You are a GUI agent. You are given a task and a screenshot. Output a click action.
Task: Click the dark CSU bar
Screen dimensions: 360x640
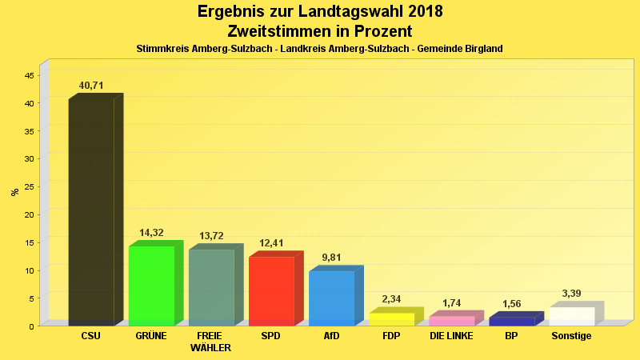[x=91, y=212]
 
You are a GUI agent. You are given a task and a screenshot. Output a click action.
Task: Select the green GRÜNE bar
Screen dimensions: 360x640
[x=151, y=285]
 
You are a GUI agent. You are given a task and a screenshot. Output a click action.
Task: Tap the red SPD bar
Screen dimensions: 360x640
[x=271, y=290]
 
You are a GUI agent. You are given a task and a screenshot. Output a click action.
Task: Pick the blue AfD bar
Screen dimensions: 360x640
[x=331, y=298]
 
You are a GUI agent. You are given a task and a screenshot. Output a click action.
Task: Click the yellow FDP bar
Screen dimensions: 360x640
[x=391, y=318]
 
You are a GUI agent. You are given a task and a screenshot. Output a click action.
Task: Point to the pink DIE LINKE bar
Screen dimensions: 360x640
[x=451, y=321]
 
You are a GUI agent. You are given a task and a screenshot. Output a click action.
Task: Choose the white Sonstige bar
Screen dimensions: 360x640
[x=571, y=316]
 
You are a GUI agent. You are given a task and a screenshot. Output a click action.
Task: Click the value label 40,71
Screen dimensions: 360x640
[x=91, y=86]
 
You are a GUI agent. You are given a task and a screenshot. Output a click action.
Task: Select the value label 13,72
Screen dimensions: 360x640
[x=211, y=236]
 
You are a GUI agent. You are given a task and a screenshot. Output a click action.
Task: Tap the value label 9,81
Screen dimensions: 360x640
[x=331, y=258]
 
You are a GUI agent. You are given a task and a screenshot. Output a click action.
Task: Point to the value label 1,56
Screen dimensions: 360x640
[x=511, y=304]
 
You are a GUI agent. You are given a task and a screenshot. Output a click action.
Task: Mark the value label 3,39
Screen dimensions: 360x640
[x=571, y=294]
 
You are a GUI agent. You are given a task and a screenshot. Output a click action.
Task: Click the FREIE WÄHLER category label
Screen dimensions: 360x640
[x=211, y=342]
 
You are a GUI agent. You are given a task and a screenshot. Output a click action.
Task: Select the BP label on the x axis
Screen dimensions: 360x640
[x=511, y=336]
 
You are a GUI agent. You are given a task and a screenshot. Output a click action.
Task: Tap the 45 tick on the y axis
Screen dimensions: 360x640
[x=29, y=75]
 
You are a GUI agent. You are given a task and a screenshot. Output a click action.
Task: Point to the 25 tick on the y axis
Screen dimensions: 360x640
[x=29, y=186]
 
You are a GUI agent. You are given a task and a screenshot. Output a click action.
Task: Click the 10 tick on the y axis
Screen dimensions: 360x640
[x=29, y=270]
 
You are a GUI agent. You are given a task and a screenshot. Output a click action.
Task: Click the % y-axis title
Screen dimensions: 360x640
[x=14, y=192]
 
